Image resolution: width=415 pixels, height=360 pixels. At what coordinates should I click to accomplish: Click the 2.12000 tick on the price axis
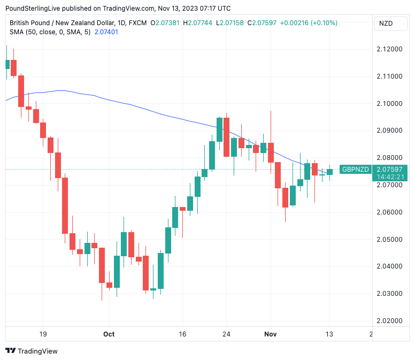click(x=389, y=49)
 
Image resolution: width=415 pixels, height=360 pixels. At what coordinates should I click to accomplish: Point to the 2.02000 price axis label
click(x=389, y=321)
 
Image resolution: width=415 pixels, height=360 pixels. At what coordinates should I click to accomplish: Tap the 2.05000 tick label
click(x=389, y=239)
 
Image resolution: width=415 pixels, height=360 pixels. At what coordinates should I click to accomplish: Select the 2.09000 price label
click(x=389, y=131)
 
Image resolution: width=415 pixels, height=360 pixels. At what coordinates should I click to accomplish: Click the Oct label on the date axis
click(x=109, y=334)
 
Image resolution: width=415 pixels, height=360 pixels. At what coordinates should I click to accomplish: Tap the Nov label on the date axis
click(x=271, y=334)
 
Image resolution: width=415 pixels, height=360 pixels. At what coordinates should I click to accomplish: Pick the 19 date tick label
click(x=43, y=334)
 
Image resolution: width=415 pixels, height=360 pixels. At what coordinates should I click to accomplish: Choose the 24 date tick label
click(x=226, y=334)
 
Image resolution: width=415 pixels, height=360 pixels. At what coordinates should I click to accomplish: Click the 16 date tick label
click(x=182, y=334)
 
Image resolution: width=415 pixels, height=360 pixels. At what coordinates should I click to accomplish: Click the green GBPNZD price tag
click(x=356, y=170)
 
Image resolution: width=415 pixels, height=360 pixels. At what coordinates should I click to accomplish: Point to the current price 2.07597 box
click(x=389, y=170)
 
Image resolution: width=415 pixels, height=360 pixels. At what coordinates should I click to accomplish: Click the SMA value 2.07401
click(x=106, y=32)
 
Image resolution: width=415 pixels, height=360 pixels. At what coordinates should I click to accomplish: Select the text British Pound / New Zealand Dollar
click(x=62, y=23)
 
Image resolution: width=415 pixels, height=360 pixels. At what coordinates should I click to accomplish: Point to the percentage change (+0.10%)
click(x=322, y=23)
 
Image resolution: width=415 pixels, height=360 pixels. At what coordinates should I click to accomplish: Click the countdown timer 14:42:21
click(x=390, y=177)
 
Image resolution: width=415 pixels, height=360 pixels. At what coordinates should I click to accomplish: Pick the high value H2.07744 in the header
click(x=197, y=23)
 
